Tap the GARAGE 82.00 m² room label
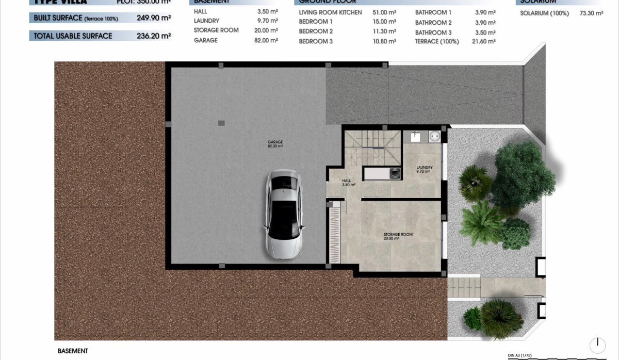pos(275,144)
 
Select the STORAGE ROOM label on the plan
pos(398,236)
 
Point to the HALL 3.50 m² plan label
pos(348,183)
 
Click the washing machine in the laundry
pos(395,173)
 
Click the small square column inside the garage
pos(221,123)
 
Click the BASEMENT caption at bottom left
pos(72,351)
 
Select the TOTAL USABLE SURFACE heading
pos(73,36)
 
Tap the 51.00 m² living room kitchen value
pos(384,12)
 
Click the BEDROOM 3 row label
pos(316,41)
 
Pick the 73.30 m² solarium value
pos(591,13)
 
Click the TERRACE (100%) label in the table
pos(436,41)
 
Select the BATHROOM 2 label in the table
pos(433,23)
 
